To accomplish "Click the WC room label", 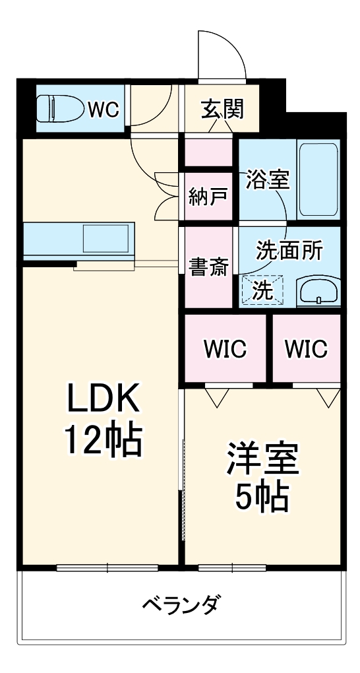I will click(104, 109).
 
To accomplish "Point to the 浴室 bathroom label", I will click(268, 179).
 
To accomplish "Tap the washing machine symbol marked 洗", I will click(262, 290).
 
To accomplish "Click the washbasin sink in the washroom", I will click(318, 290).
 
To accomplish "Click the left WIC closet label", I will click(225, 348).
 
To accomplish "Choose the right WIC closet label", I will click(306, 348).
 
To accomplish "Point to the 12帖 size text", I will click(102, 440).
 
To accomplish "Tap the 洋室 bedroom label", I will click(263, 459).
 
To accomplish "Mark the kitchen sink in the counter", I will click(105, 238).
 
